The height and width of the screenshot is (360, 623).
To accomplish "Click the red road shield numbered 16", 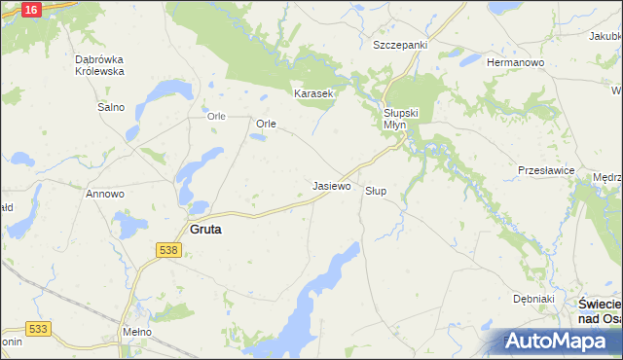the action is tap(30, 9).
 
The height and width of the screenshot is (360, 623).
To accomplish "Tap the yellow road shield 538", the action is tap(167, 250).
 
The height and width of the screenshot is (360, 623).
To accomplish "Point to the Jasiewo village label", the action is tap(331, 185).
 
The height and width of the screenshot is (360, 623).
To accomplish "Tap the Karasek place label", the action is tap(314, 94).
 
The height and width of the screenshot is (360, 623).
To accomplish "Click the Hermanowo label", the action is tap(515, 62).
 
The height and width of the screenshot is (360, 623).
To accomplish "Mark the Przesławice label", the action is tap(546, 170).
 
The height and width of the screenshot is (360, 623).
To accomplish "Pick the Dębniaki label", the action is tap(533, 299).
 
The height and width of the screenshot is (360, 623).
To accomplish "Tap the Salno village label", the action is tap(110, 107).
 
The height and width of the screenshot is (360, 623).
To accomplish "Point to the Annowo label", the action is tap(105, 194).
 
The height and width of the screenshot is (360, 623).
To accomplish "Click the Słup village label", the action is tap(376, 191).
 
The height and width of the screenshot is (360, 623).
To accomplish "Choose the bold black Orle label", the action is tap(267, 125).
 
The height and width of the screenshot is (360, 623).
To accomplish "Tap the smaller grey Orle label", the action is tap(216, 117).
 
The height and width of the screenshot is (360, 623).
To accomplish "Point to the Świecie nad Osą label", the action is tap(594, 311).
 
